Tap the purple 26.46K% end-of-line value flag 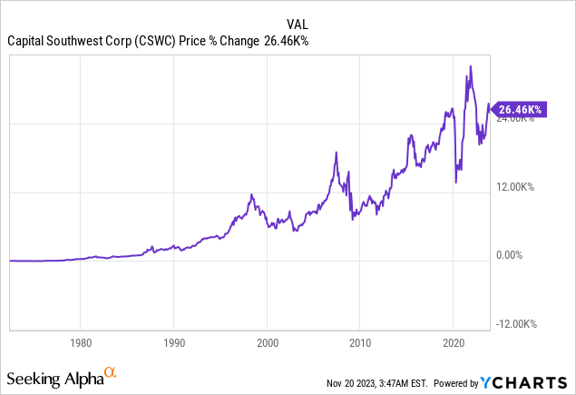[517, 110]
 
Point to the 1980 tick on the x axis [80, 343]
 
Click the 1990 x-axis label [174, 343]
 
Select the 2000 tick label [267, 343]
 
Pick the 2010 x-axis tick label [360, 343]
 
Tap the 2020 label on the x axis [453, 343]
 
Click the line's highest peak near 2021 [470, 66]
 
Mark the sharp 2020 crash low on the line [455, 183]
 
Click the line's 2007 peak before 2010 [336, 153]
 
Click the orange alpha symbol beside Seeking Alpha [110, 372]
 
